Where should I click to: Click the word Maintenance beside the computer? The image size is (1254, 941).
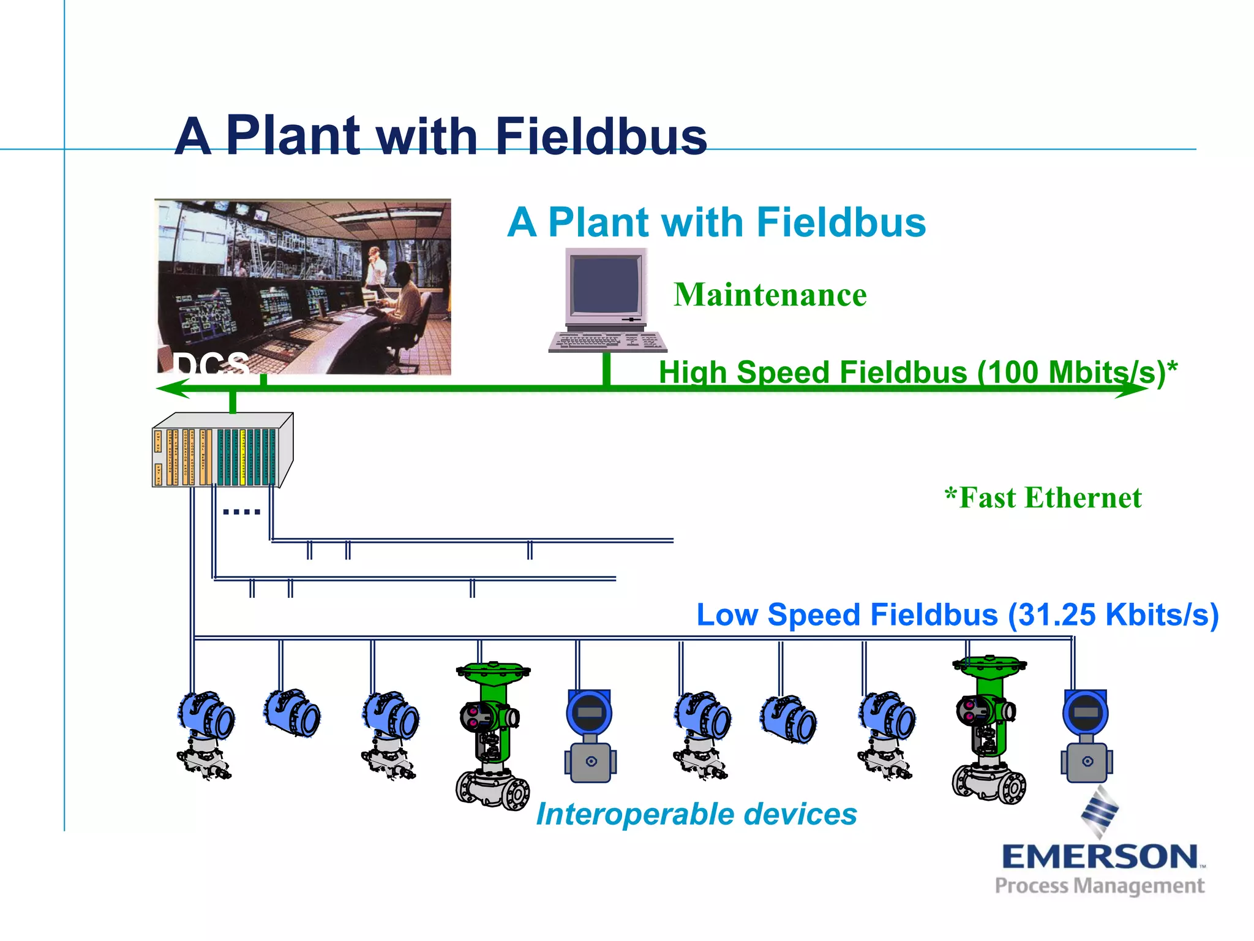[770, 295]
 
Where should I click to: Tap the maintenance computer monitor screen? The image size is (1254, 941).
[606, 285]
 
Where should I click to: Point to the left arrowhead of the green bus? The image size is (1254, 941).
[171, 388]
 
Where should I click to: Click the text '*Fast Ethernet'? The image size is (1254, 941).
[1043, 497]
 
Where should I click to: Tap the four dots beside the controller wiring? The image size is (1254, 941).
[241, 512]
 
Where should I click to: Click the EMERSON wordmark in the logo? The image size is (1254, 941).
[1100, 856]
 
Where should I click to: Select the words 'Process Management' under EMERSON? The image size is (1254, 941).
[1099, 886]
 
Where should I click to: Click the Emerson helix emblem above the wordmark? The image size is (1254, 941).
[1100, 812]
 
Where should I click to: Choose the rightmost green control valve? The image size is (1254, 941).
[988, 729]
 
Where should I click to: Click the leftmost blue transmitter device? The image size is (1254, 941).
[205, 732]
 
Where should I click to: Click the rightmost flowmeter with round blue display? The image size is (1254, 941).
[1086, 735]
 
